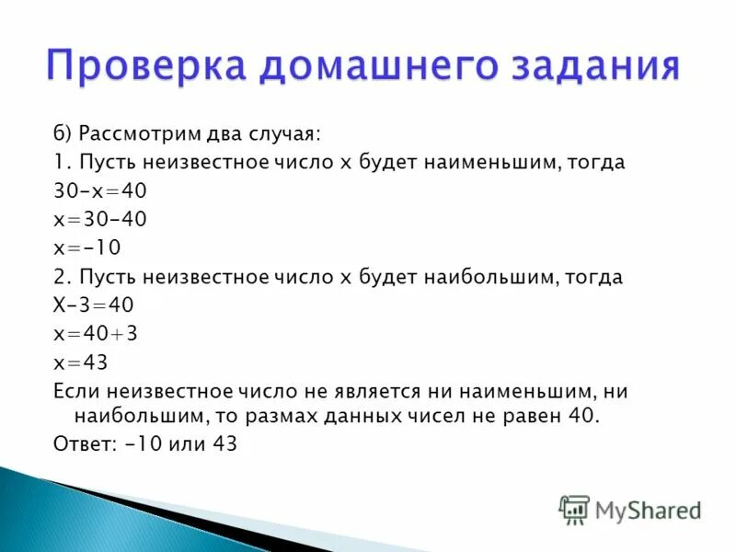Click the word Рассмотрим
click(x=140, y=134)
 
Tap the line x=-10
click(x=87, y=248)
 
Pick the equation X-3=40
click(x=93, y=305)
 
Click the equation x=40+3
click(x=96, y=334)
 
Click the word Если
click(x=74, y=391)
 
